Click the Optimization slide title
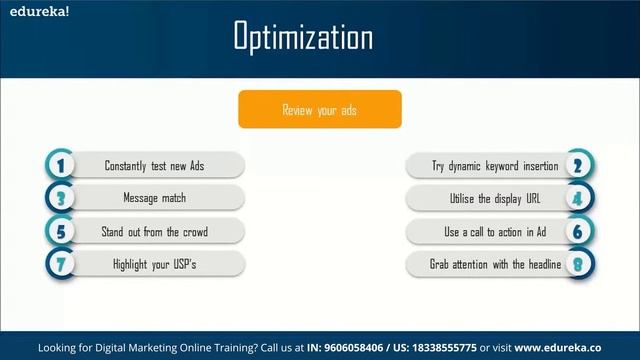[x=303, y=38]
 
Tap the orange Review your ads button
[x=319, y=110]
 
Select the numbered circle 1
[x=61, y=165]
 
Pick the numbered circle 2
[x=577, y=165]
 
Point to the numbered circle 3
[x=61, y=198]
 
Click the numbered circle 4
[x=577, y=198]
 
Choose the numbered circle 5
[x=61, y=232]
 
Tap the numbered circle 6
[x=577, y=232]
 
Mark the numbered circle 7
[x=61, y=265]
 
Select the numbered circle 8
[x=577, y=265]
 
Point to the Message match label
[x=154, y=198]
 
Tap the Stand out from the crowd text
[x=154, y=232]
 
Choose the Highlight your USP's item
[x=154, y=265]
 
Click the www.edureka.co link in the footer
[x=566, y=348]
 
